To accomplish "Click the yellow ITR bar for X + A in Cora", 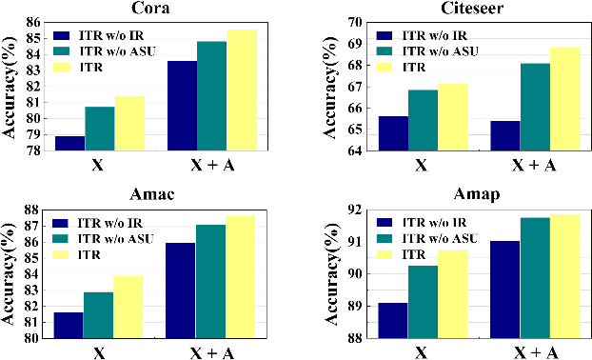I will (240, 90).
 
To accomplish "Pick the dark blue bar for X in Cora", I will (69, 143).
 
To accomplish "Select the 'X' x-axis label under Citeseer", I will (420, 165).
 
